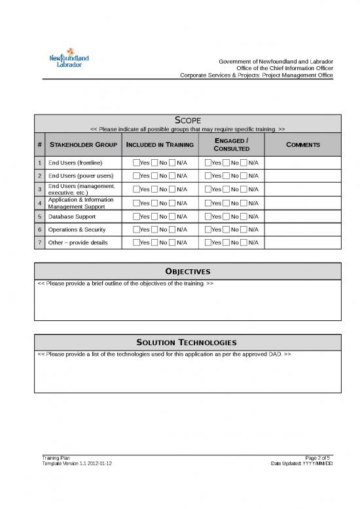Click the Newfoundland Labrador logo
(69, 61)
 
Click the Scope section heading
(188, 120)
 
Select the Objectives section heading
(188, 271)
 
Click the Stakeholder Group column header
(83, 145)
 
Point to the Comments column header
(302, 145)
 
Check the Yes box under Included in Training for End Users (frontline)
(136, 162)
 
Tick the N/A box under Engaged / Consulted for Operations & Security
(244, 229)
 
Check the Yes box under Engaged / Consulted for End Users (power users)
(208, 176)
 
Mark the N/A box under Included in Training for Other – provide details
(172, 243)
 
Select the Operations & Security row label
(77, 229)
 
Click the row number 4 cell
(40, 203)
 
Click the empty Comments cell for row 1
(302, 162)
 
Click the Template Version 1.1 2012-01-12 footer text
(77, 463)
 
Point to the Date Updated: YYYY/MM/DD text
(302, 463)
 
